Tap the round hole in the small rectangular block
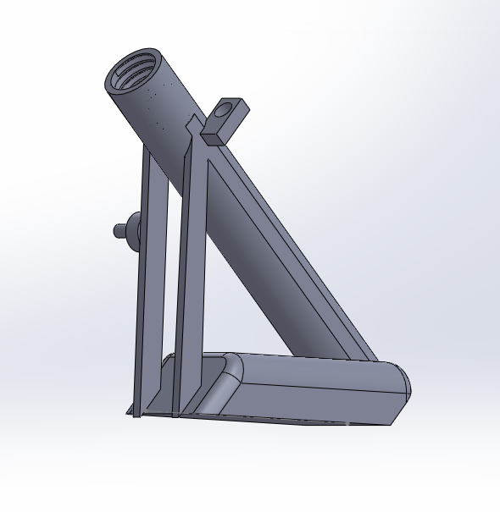[224, 110]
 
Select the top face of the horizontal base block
[314, 372]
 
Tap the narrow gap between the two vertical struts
[169, 279]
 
